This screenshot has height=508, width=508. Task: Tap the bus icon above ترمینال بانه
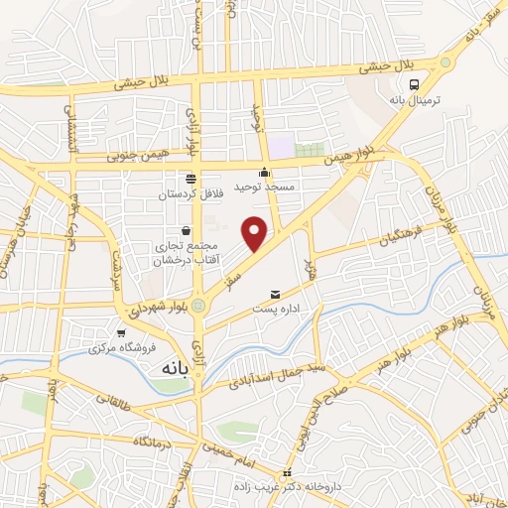click(426, 85)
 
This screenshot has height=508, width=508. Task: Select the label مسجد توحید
click(260, 187)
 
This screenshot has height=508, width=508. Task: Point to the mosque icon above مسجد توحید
click(264, 174)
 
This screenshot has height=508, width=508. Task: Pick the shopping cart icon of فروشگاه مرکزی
click(121, 334)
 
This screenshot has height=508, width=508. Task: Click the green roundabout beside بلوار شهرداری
click(199, 305)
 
